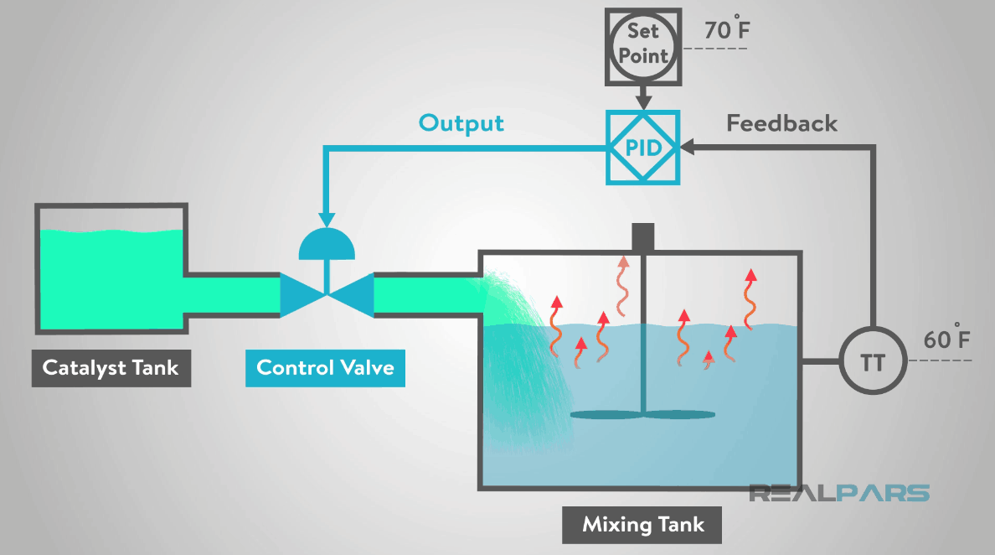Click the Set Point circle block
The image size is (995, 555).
tap(642, 44)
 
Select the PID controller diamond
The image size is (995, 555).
tap(642, 148)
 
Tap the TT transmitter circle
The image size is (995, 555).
tap(872, 362)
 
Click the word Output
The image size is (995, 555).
tap(461, 123)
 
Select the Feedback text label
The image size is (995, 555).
tap(781, 124)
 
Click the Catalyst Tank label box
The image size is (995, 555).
tap(111, 367)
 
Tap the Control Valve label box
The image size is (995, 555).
tap(325, 367)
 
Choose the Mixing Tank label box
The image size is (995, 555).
tap(642, 525)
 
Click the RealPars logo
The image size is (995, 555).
tap(838, 492)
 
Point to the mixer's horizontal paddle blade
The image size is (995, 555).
tap(642, 414)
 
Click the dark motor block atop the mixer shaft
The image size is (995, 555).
tap(642, 236)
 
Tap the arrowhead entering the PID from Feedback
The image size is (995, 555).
tap(688, 148)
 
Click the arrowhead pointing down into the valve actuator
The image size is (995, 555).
tap(327, 216)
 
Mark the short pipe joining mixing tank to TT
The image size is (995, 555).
tap(820, 362)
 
